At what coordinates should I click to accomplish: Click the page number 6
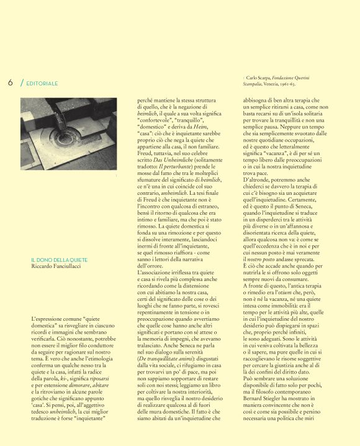point(11,83)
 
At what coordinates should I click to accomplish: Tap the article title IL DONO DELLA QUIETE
point(59,242)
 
